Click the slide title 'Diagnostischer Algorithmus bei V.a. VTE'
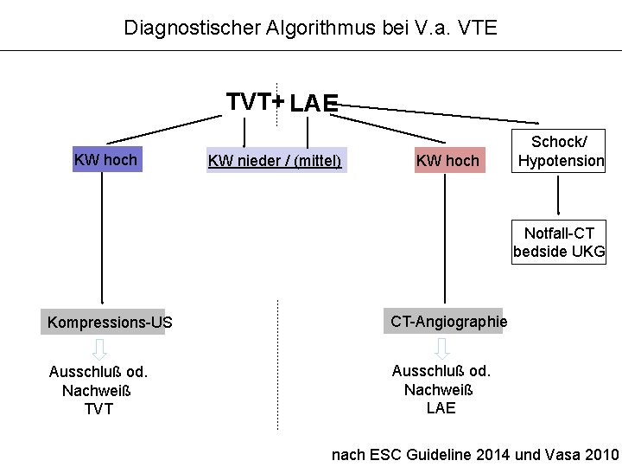[310, 27]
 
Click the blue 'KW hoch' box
[105, 160]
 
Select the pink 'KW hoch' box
[447, 161]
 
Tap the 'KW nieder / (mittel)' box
[276, 161]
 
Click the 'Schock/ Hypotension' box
[561, 151]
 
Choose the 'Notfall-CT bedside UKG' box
[559, 243]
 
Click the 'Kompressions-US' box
[110, 323]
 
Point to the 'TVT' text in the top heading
[248, 101]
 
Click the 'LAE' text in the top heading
[314, 105]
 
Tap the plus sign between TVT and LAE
[278, 102]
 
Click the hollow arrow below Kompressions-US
[100, 349]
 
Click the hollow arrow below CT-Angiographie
[442, 349]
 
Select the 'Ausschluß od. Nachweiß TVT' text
[98, 390]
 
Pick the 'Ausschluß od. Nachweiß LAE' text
[441, 389]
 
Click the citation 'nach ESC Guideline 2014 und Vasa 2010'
[475, 455]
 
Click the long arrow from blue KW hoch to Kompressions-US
[103, 242]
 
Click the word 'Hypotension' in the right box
[561, 161]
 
